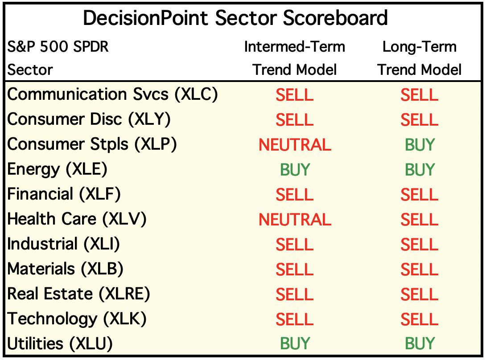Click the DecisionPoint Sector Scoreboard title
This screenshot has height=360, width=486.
235,18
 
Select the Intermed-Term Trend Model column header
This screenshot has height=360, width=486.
294,58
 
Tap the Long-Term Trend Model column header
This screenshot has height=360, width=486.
420,58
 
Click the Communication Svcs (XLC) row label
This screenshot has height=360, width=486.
112,94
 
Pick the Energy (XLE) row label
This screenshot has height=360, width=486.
58,169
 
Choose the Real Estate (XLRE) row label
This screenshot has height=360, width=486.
79,294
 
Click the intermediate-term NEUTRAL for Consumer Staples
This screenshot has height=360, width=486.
295,145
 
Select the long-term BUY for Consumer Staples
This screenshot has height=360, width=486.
420,145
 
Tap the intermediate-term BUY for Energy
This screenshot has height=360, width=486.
295,170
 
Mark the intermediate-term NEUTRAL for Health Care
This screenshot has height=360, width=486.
295,220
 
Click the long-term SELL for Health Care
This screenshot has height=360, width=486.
420,220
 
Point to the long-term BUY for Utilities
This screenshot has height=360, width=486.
420,344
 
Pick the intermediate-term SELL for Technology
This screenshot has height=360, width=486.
294,319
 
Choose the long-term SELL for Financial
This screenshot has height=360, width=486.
420,195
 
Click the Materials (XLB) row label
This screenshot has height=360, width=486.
66,269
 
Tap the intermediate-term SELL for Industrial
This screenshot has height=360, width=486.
294,245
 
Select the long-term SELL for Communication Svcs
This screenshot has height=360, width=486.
420,95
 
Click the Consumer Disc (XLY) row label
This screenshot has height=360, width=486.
89,119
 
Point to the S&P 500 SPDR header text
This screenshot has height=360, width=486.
58,47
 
